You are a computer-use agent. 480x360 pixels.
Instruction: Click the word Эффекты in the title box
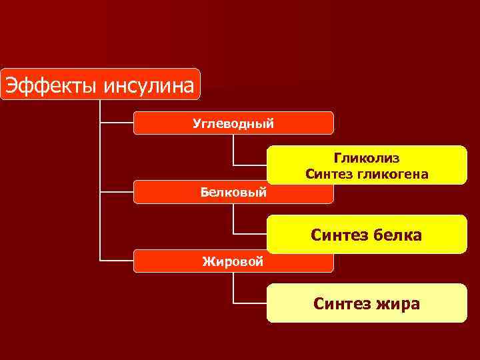(x=44, y=85)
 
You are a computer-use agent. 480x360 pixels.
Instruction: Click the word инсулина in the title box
(x=141, y=85)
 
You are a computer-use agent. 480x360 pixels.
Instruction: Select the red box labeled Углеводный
(x=233, y=123)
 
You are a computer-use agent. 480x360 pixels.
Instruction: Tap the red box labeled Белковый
(x=233, y=193)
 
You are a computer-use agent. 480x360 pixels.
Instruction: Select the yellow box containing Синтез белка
(x=367, y=234)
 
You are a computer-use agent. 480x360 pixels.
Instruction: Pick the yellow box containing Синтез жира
(x=367, y=303)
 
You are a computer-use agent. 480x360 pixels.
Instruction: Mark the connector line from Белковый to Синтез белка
(x=234, y=219)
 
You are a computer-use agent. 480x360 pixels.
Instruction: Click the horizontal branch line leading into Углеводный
(x=117, y=123)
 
